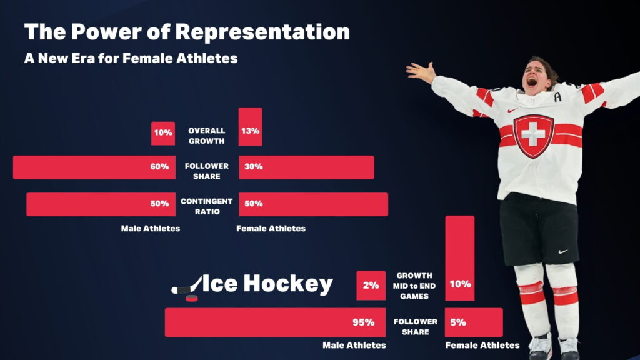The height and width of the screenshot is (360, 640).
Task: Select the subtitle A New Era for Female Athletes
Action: [x=131, y=58]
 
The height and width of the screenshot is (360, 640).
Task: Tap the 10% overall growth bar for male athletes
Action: [x=162, y=132]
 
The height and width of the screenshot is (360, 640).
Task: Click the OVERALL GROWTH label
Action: [x=206, y=136]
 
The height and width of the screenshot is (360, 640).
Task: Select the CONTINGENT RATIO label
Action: [x=206, y=206]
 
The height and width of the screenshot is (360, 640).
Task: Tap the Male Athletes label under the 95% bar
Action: [x=354, y=345]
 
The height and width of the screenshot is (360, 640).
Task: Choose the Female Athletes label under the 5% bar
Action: [x=482, y=345]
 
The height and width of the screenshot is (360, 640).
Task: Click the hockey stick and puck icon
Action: [x=187, y=287]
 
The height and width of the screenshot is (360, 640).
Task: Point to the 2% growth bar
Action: [x=371, y=286]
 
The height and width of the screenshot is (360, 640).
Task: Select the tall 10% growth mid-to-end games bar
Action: [x=459, y=258]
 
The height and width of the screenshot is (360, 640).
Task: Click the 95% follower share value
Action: [x=362, y=322]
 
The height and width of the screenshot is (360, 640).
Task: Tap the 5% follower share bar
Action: [x=473, y=322]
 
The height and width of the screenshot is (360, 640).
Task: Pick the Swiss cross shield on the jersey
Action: [x=533, y=135]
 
